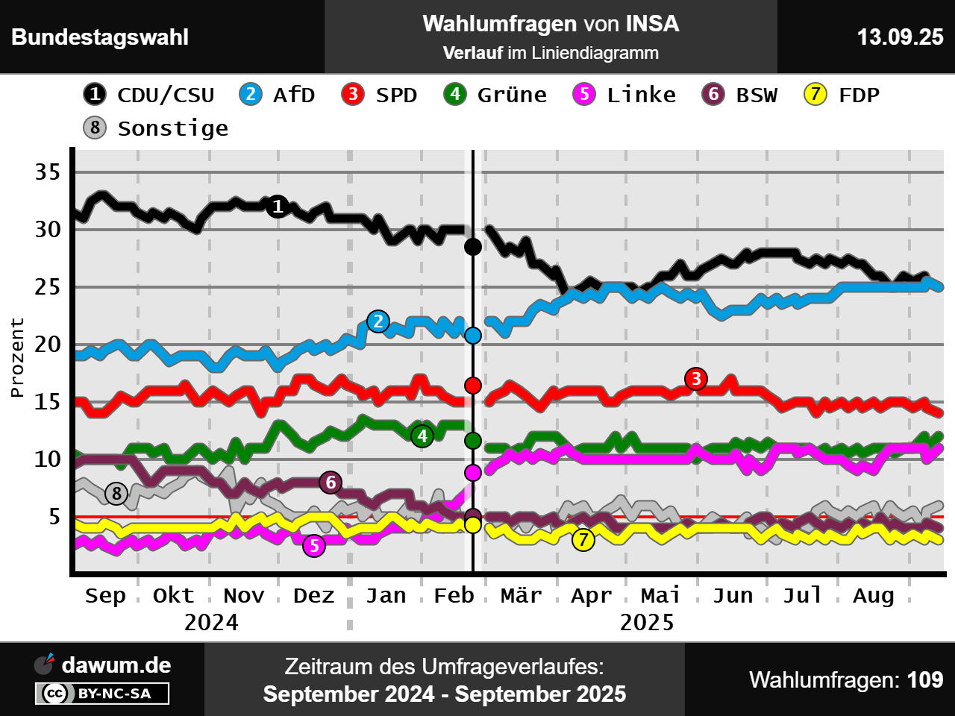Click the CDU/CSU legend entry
point(149,95)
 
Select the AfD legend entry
point(278,95)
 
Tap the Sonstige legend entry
point(156,128)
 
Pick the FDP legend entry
point(842,95)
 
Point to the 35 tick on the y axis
point(48,172)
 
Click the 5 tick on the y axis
point(54,516)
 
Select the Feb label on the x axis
point(454,595)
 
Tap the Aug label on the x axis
point(873,595)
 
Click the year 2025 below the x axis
point(647,622)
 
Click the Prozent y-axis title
point(17,357)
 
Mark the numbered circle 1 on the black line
point(278,206)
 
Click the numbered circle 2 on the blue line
point(378,321)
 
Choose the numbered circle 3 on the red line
point(696,379)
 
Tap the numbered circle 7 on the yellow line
point(583,539)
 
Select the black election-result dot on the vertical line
point(473,247)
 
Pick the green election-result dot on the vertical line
point(473,441)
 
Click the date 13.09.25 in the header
point(900,37)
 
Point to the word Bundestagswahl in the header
point(100,37)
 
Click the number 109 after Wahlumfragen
point(925,680)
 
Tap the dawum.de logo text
point(116,665)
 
